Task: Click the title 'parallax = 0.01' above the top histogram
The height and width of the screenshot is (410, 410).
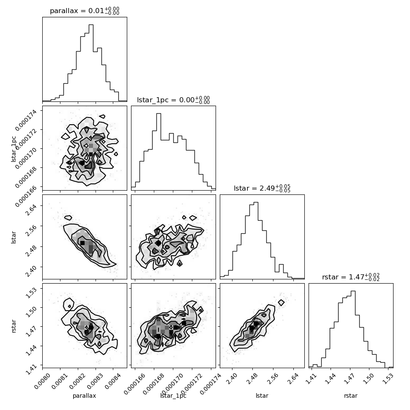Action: tap(77, 11)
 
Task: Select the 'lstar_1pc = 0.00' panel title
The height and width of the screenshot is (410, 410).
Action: tap(166, 100)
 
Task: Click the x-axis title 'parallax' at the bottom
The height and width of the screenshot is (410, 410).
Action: tap(85, 396)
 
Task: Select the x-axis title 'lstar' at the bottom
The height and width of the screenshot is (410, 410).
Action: tap(262, 395)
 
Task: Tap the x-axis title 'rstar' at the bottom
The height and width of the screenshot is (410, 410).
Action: tap(351, 396)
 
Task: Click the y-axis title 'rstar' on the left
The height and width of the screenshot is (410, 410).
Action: tap(14, 326)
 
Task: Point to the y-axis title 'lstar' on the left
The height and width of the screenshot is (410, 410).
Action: tap(14, 237)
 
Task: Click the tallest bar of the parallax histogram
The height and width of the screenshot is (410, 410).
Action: tap(91, 63)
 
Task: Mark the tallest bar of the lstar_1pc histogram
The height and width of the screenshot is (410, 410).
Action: tap(159, 150)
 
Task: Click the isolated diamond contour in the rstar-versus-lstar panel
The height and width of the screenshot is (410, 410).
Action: tap(281, 303)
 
